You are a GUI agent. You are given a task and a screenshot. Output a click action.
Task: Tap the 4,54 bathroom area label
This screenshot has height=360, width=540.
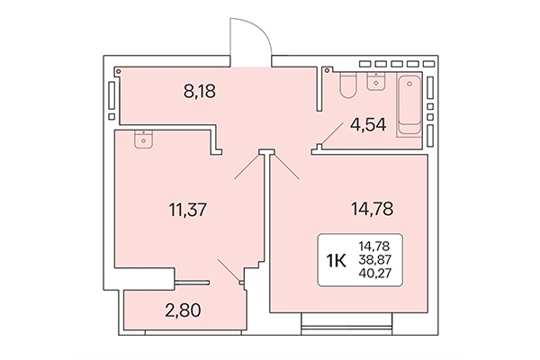pos(368,125)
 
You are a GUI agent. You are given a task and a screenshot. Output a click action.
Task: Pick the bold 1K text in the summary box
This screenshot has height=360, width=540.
pos(337,261)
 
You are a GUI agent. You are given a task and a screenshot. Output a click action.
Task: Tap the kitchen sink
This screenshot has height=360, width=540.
pos(142,138)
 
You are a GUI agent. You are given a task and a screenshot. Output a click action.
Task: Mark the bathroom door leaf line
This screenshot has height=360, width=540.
pos(329,136)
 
